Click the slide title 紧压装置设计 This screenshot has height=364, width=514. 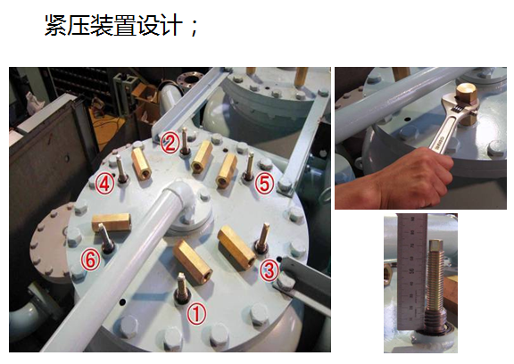(x=113, y=25)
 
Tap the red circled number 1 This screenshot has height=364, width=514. (x=196, y=313)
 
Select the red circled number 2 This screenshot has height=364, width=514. (x=170, y=143)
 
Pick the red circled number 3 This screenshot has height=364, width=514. (x=269, y=270)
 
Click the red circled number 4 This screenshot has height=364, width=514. (x=105, y=184)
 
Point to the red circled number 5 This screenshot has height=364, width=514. (x=264, y=184)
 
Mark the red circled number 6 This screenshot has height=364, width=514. (x=90, y=260)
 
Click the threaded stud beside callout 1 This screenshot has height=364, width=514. (x=182, y=287)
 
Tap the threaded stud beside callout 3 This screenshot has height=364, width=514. (x=262, y=237)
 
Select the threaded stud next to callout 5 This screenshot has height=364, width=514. (x=250, y=167)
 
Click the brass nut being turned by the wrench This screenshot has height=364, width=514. (x=467, y=103)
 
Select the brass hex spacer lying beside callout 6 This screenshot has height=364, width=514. (x=111, y=222)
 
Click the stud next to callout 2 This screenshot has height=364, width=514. (x=186, y=141)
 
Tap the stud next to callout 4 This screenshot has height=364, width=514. (x=121, y=169)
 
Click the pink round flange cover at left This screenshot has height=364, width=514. (x=49, y=243)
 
